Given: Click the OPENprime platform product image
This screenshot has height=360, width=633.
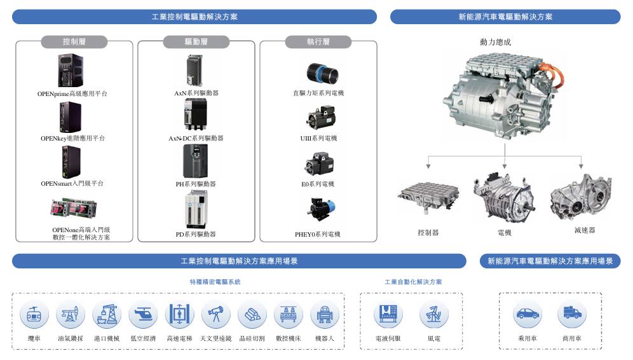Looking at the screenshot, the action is tap(71, 71).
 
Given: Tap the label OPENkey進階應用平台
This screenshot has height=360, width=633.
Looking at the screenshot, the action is tap(72, 138).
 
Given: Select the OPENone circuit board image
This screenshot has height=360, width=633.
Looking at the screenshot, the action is tap(74, 208).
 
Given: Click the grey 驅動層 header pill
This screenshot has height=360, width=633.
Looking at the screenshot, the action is tap(196, 41).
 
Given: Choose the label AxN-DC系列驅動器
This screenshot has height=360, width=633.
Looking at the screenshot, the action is tap(196, 138).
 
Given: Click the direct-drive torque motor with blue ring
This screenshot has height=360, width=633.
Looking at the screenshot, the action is tap(322, 73).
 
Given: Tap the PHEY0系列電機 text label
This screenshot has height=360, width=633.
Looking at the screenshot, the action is tap(318, 234).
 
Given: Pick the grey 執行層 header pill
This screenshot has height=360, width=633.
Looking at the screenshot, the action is tap(318, 41).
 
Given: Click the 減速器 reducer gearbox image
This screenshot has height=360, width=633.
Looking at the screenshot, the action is tap(582, 197).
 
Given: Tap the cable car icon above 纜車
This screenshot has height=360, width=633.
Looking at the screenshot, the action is tap(34, 314).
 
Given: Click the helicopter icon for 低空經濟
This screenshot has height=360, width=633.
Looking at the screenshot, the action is tap(143, 314).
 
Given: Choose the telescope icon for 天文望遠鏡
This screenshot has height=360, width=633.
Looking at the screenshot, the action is tap(216, 314).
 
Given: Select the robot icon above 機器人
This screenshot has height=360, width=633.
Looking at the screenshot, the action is tap(325, 314).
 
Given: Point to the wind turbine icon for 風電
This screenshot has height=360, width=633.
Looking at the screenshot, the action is tap(434, 314).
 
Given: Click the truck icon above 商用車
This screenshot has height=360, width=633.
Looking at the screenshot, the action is tap(572, 314).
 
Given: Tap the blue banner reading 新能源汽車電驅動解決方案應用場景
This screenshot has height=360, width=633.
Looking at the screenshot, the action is tap(550, 261).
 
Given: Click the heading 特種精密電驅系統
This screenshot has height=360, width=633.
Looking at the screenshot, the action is tap(215, 282).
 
